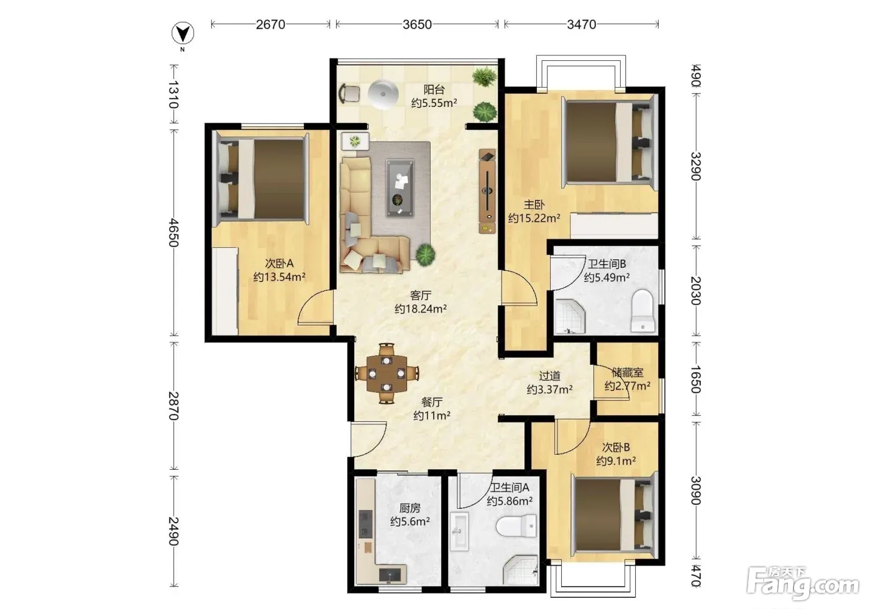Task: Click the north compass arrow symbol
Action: click(x=183, y=34)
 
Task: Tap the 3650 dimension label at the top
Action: click(x=417, y=24)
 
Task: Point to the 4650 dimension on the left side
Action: click(x=173, y=232)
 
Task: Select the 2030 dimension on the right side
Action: click(x=695, y=291)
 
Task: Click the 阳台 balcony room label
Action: click(x=434, y=89)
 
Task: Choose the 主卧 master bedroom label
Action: click(x=534, y=204)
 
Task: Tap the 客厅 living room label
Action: click(x=420, y=296)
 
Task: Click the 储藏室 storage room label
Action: click(x=627, y=372)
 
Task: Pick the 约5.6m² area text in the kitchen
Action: click(x=410, y=521)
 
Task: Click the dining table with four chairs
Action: click(x=387, y=373)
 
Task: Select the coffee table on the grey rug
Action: click(x=399, y=188)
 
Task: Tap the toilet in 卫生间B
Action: click(x=643, y=311)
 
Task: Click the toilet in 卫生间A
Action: click(x=516, y=526)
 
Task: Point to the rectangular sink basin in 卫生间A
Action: click(x=459, y=531)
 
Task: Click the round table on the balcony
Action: click(x=383, y=94)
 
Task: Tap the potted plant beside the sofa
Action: click(x=425, y=255)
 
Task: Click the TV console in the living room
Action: click(x=487, y=191)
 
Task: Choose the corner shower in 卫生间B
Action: click(x=570, y=316)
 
